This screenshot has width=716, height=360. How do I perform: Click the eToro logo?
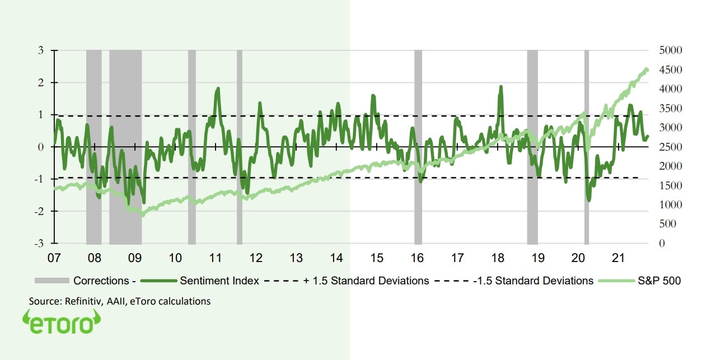tap(62, 325)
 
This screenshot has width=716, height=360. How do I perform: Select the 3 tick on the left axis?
tap(40, 50)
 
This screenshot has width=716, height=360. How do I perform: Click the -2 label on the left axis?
tap(39, 211)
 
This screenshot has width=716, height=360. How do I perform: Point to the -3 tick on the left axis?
tap(39, 244)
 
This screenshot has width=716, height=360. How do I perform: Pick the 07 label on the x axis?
tap(54, 259)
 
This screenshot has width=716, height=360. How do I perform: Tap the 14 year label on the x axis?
tap(336, 259)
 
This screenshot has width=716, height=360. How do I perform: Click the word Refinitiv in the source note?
tap(82, 301)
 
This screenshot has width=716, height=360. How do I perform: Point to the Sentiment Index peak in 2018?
tap(500, 87)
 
